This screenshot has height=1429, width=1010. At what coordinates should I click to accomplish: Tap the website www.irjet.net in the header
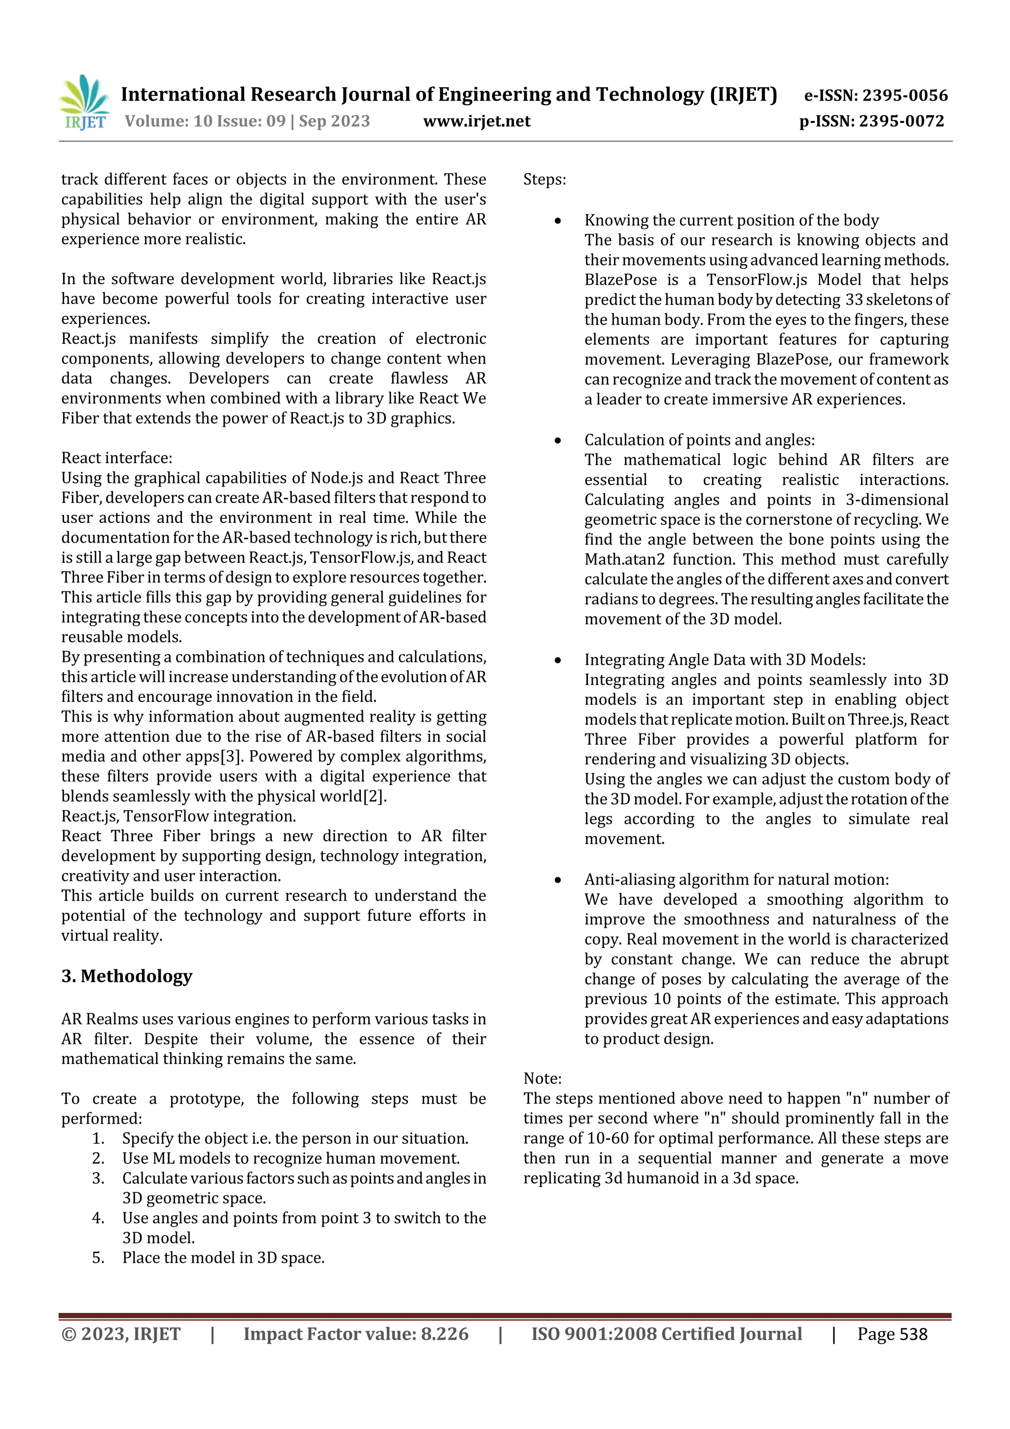point(477,121)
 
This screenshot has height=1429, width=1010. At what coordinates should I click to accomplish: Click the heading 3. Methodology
point(126,976)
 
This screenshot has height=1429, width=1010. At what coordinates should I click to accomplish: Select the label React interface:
point(116,458)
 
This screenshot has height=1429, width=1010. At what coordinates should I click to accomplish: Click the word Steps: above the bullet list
point(544,180)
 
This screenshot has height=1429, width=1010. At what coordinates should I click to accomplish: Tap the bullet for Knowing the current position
point(558,221)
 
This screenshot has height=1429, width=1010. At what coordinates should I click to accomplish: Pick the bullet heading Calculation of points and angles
point(699,440)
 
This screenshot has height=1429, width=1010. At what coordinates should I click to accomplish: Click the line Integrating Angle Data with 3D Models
point(724,660)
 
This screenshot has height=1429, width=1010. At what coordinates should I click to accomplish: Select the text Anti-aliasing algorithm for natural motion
point(736,879)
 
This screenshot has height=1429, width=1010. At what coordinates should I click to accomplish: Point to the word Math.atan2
point(625,559)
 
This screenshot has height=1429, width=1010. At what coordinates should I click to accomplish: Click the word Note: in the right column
point(542,1079)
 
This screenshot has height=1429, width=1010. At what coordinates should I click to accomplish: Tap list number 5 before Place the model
point(98,1258)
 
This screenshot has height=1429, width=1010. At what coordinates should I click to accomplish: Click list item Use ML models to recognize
point(290,1158)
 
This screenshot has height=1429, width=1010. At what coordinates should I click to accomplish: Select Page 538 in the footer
point(892,1334)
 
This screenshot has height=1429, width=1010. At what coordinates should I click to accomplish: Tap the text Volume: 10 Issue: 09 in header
point(205,121)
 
